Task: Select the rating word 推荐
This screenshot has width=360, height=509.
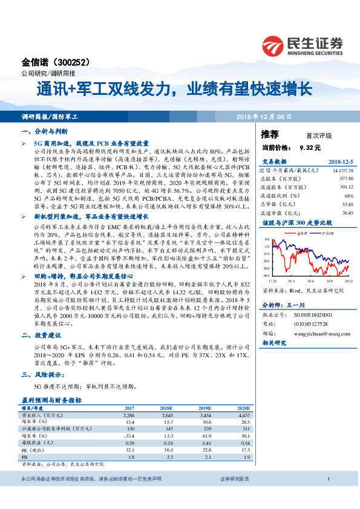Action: coord(270,134)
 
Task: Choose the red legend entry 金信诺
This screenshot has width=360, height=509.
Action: coord(305,232)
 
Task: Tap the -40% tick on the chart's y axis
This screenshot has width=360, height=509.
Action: coord(266,275)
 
